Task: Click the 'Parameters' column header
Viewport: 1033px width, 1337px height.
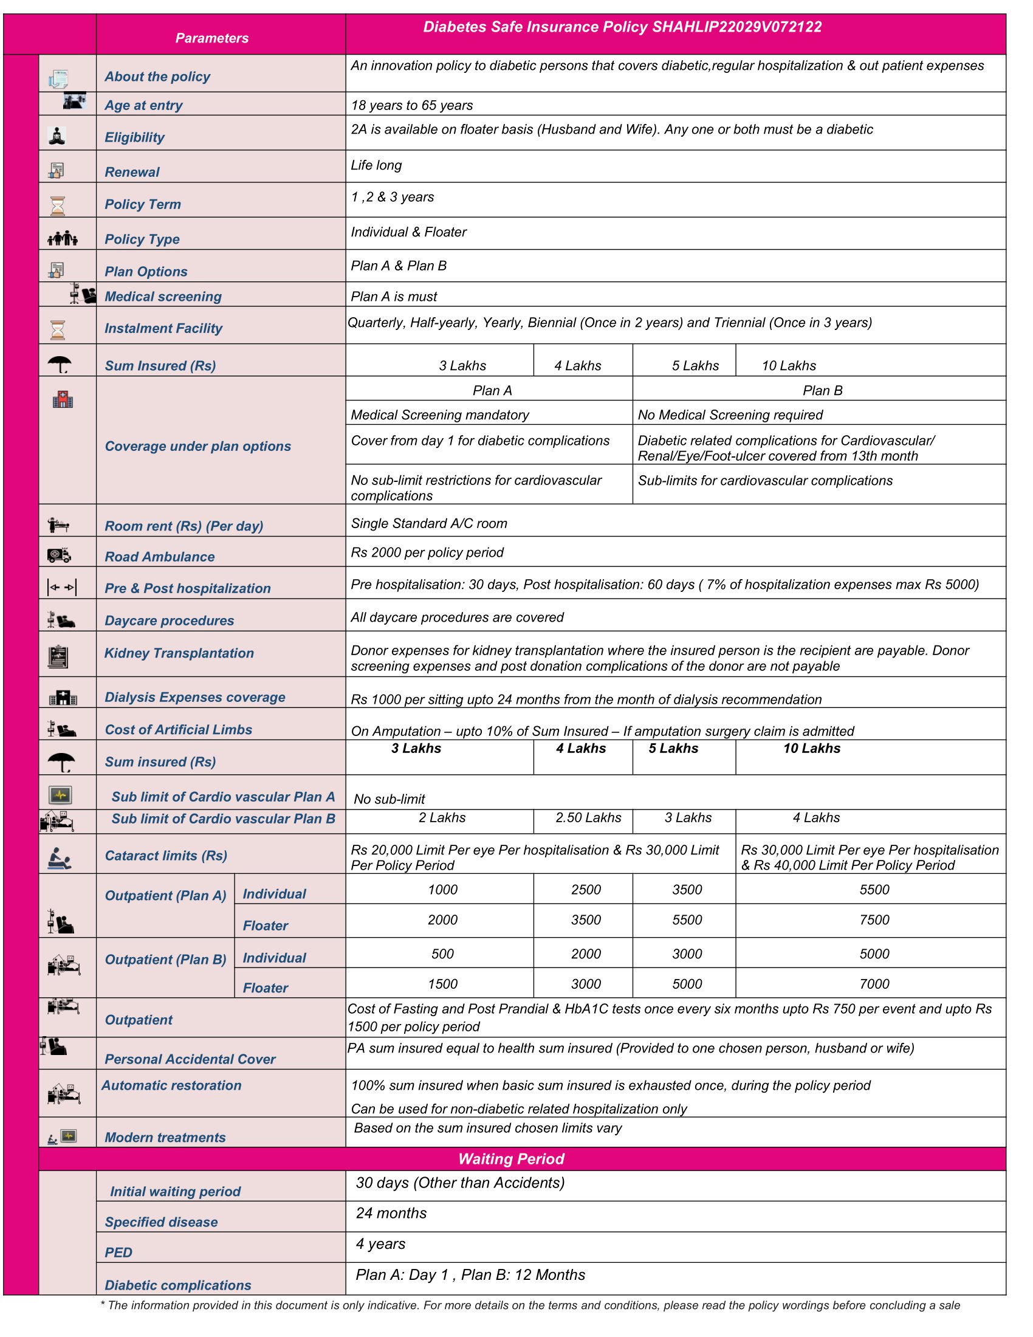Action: tap(211, 38)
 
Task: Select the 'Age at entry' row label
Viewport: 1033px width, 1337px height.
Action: tap(143, 105)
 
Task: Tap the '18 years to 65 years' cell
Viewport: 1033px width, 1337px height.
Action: tap(411, 105)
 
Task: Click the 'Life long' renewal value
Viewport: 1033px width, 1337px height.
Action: tap(376, 165)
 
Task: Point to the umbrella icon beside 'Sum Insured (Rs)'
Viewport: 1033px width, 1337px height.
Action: tap(60, 365)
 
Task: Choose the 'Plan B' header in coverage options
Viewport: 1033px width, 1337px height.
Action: tap(822, 391)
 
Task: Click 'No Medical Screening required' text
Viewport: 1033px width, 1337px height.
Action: tap(729, 415)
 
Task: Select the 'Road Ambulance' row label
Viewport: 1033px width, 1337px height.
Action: tap(159, 557)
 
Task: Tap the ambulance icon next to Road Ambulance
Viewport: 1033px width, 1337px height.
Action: tap(59, 555)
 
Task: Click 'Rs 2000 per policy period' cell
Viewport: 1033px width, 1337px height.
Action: tap(427, 553)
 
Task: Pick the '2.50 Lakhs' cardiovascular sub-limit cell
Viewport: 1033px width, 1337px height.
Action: tap(588, 818)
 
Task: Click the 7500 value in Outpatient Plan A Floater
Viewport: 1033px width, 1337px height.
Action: tap(874, 920)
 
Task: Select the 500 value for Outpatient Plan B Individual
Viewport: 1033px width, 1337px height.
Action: tap(442, 954)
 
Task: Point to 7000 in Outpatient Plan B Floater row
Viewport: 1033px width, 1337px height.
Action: tap(874, 984)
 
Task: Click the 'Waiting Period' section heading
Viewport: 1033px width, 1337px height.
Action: tap(511, 1159)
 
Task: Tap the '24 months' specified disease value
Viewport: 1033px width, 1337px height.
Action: tap(391, 1214)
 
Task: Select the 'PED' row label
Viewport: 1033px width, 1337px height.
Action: tap(118, 1253)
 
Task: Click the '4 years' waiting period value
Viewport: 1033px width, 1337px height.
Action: tap(380, 1244)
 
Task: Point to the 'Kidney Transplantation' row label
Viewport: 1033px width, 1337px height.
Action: tap(179, 653)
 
